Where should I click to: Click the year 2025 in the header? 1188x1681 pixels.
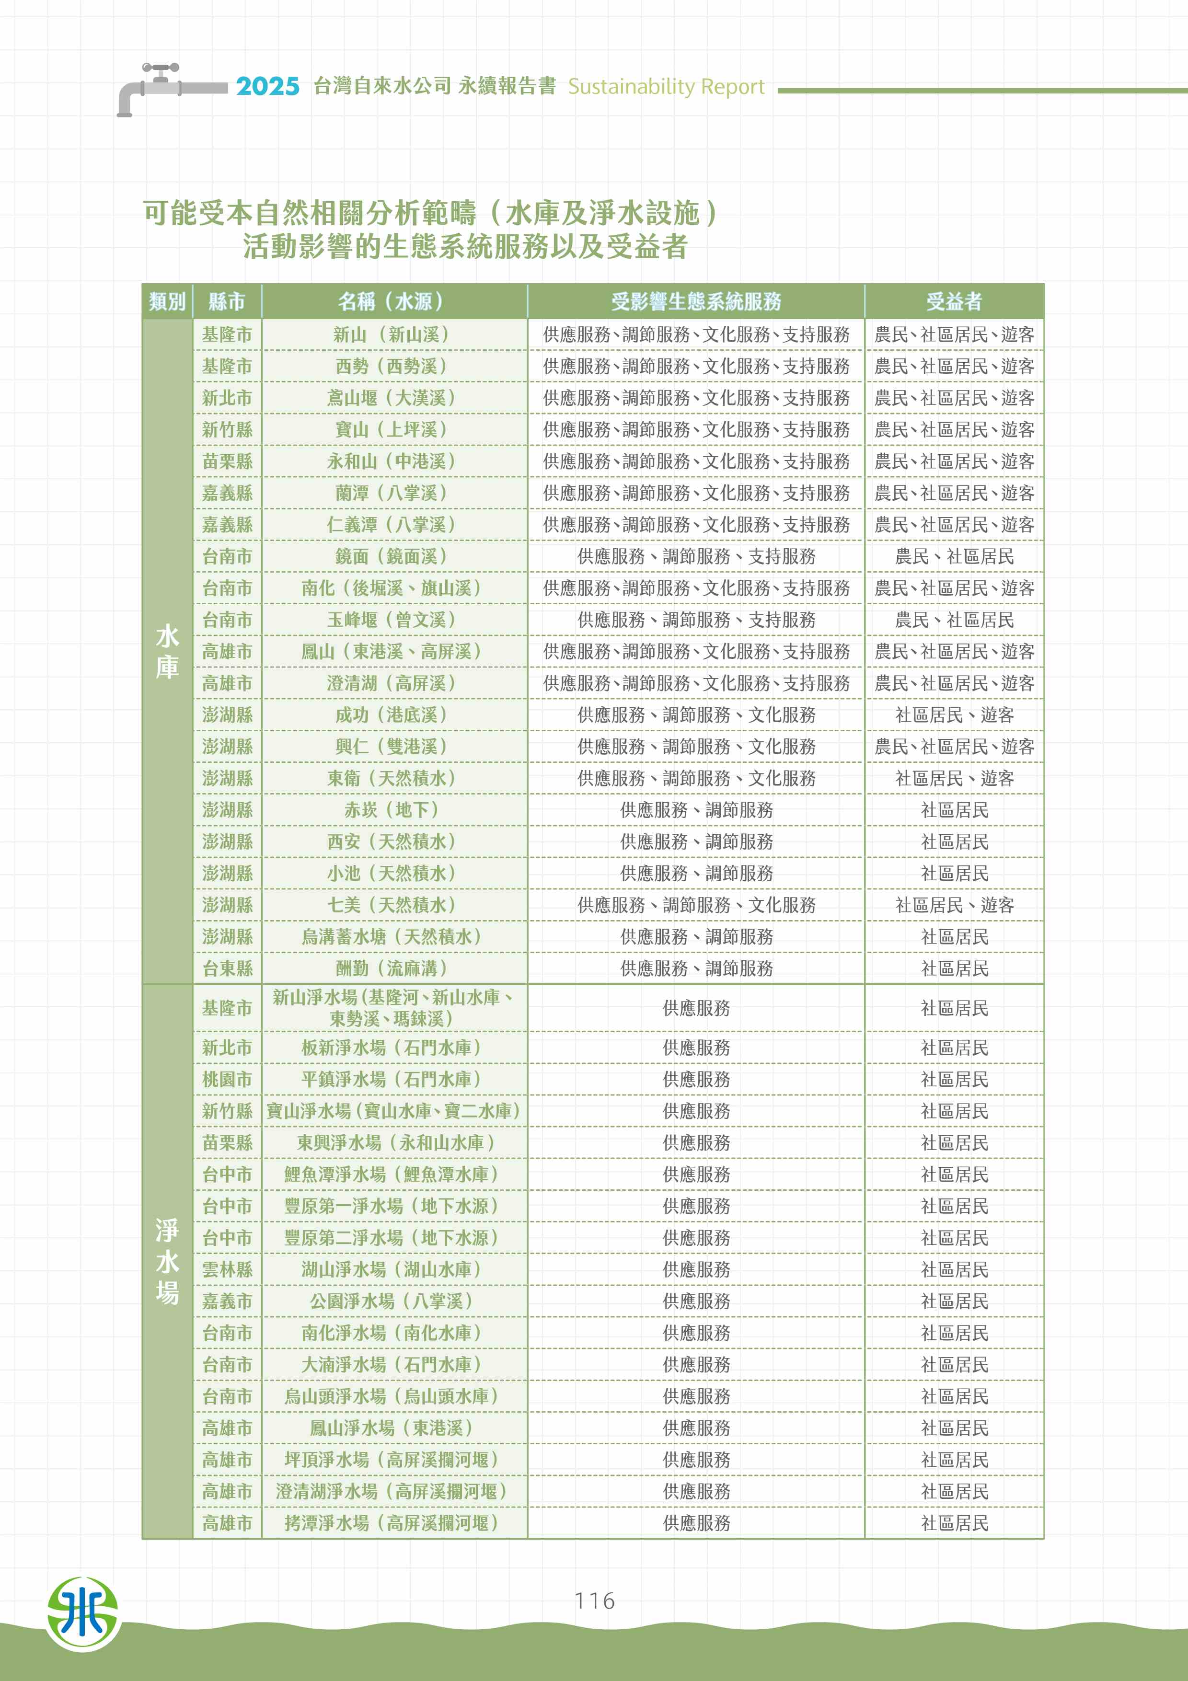[267, 86]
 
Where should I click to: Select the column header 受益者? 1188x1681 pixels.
[954, 301]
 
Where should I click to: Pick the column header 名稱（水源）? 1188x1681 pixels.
[394, 301]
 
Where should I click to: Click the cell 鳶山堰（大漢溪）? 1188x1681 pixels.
[394, 398]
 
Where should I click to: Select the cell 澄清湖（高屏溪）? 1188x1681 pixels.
[394, 683]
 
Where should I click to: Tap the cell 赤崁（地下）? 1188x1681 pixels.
[394, 810]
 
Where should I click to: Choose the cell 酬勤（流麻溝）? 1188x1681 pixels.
[394, 968]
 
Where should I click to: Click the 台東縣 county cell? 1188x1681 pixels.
[227, 968]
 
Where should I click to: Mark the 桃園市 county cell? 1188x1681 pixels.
[227, 1079]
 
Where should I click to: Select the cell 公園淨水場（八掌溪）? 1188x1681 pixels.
[394, 1301]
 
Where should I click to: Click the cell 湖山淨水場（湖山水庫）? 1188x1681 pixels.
[394, 1269]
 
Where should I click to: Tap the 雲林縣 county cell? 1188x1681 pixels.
[227, 1269]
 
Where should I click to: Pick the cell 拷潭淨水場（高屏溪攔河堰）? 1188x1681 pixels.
[394, 1523]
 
